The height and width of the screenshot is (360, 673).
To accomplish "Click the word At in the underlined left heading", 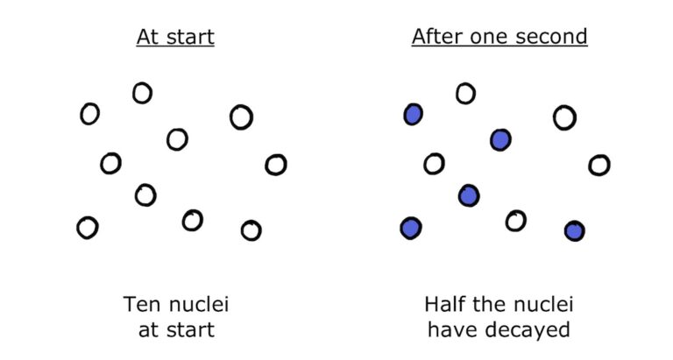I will point(148,38).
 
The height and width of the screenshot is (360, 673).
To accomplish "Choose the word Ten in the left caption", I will point(142,306).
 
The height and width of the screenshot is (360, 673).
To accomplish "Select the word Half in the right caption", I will point(445,306).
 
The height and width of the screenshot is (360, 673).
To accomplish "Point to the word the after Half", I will point(492,306).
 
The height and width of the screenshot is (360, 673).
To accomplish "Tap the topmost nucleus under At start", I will point(142,92).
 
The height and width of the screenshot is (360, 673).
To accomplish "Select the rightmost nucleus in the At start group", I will point(276,164).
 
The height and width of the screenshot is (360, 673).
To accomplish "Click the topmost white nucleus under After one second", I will point(465,92).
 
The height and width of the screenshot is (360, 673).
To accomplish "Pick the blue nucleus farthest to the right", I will point(574,230).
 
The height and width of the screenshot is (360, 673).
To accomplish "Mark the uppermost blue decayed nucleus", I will point(413,113).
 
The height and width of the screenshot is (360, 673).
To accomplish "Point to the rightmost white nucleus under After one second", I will point(599,164).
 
